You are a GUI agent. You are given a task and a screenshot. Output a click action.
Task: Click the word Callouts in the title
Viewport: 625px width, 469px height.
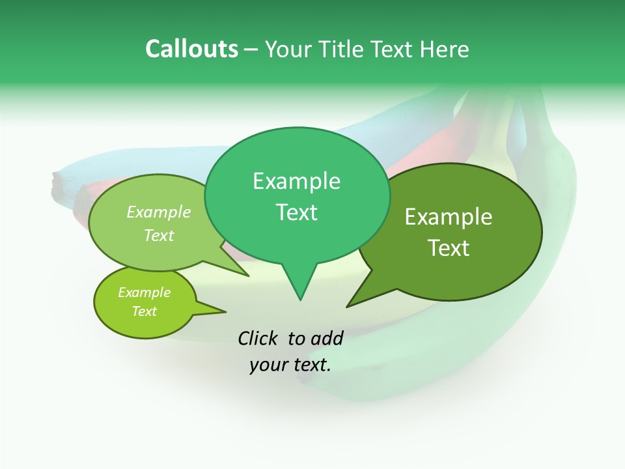(191, 49)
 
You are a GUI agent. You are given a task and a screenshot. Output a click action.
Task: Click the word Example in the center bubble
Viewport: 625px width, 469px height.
(296, 181)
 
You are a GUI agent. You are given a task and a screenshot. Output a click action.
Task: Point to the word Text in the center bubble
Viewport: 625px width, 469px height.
(296, 212)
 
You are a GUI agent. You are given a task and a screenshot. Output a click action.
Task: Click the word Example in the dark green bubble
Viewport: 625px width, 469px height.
(449, 217)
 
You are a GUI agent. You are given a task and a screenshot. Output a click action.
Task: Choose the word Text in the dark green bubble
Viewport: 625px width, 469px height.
(449, 248)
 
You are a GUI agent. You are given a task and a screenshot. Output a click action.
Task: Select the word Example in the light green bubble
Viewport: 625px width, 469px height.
(159, 212)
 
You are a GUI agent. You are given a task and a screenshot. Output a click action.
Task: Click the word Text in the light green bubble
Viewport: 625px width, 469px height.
(159, 235)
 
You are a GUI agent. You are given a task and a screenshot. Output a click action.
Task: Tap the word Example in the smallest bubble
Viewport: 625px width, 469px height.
(144, 292)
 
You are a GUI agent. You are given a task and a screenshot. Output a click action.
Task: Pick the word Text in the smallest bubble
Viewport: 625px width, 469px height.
(144, 311)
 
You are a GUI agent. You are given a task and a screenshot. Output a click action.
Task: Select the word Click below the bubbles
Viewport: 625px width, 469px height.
(259, 338)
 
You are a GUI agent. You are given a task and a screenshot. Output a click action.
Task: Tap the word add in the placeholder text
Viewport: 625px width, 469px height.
(326, 338)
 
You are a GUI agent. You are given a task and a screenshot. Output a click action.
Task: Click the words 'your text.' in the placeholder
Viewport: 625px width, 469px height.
(290, 365)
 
